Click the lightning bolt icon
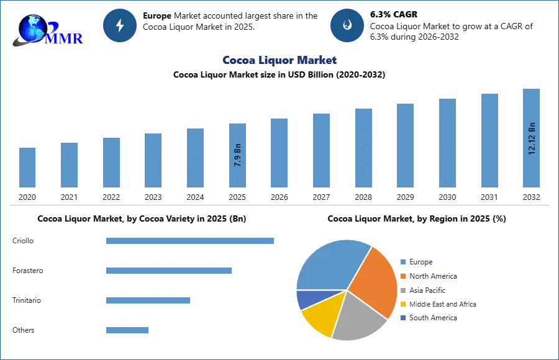pos(120,25)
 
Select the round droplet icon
pos(347,25)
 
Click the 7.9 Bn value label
pos(238,153)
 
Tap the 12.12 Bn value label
pos(532,138)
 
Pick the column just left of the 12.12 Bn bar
pos(489,139)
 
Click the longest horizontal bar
pos(191,241)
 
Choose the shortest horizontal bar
pos(127,330)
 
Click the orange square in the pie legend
pos(402,277)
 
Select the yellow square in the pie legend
pos(402,304)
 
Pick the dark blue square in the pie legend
pos(402,317)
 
